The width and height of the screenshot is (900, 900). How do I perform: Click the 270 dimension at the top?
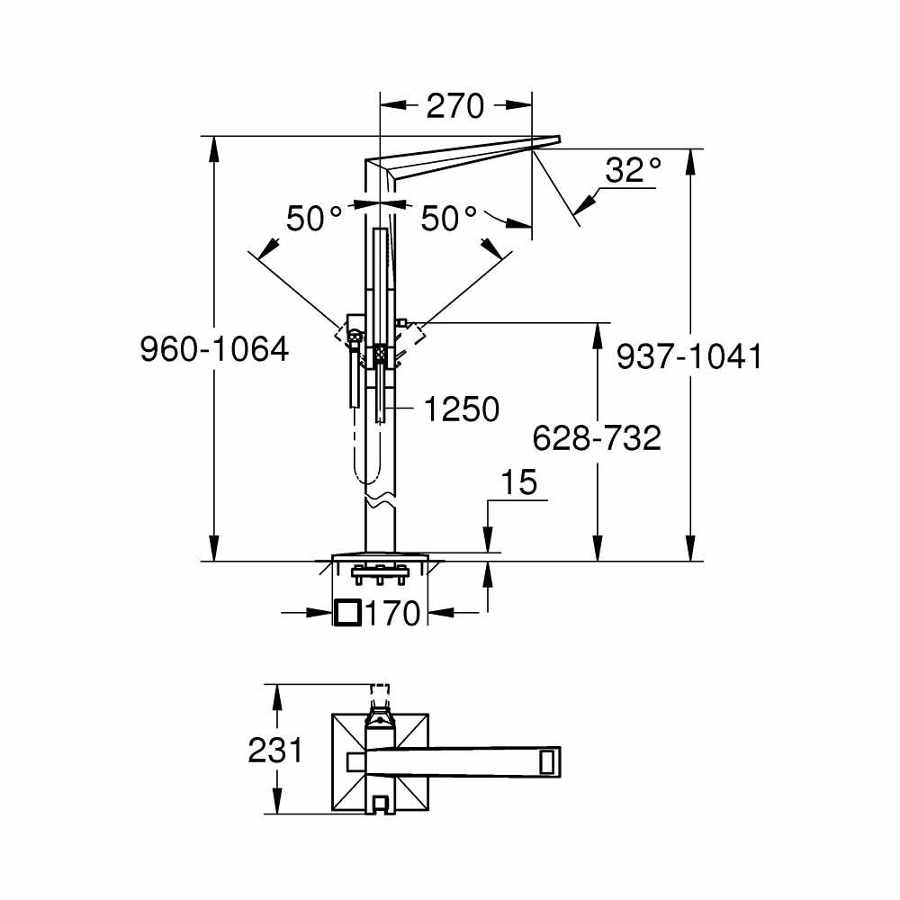[x=454, y=106]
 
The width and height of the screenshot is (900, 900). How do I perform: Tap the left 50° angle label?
[x=314, y=219]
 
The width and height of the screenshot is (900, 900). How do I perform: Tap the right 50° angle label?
[x=448, y=219]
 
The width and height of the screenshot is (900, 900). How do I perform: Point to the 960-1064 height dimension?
[x=214, y=349]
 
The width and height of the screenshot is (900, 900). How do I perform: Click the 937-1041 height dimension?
[x=689, y=356]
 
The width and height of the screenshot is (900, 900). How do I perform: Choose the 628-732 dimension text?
[x=597, y=438]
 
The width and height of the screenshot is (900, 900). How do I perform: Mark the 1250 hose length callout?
[x=461, y=409]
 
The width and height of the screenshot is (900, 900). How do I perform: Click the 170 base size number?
[x=393, y=614]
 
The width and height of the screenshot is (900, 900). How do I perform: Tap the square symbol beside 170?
[x=347, y=613]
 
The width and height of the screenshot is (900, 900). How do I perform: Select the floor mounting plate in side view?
[x=379, y=557]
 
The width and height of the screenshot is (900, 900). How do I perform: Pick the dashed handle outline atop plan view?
[x=382, y=693]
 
